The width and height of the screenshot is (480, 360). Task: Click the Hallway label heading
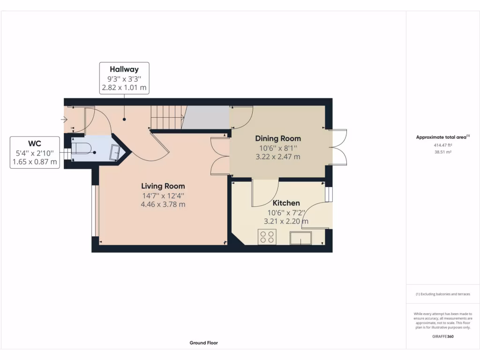tap(124, 69)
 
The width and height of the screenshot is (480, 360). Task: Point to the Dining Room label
tap(278, 138)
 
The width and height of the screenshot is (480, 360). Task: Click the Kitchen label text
tap(286, 203)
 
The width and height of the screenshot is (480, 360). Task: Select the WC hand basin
tap(114, 153)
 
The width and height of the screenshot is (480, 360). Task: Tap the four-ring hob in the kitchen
tap(267, 237)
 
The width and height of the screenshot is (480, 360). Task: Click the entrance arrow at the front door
tap(64, 120)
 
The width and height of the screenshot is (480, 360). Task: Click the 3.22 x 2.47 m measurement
tap(278, 157)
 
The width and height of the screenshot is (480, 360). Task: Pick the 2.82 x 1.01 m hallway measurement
tap(124, 87)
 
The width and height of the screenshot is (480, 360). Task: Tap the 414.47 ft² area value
tap(442, 145)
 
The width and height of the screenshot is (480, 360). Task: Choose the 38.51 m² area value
tap(442, 152)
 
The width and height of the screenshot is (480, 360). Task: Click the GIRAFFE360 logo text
tap(443, 336)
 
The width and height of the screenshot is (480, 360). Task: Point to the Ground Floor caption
tap(203, 343)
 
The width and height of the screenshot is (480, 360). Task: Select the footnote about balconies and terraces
tap(442, 294)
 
